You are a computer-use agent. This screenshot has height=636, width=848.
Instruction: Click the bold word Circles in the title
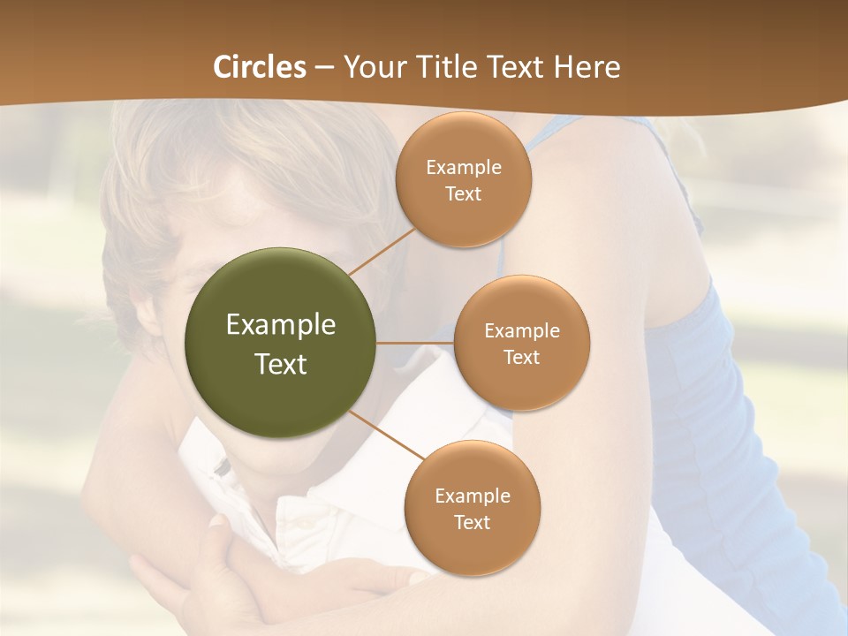pos(259,67)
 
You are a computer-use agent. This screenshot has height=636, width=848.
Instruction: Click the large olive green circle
pos(281,343)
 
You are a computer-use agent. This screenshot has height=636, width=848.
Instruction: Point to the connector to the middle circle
pos(415,343)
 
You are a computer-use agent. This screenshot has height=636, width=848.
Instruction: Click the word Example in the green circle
pos(281,325)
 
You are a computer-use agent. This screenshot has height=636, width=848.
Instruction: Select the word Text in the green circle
pos(281,364)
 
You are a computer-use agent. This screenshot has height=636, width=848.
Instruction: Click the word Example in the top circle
pos(464,168)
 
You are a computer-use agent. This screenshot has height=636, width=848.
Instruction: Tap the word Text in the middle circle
pos(521,358)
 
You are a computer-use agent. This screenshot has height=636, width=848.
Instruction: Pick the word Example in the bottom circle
pos(472,496)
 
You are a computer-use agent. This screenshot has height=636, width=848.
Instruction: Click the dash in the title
pos(323,67)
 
